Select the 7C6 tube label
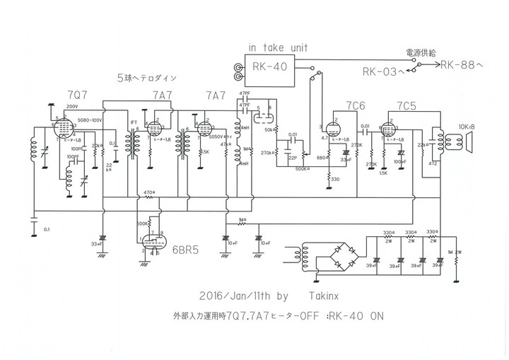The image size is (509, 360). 356,105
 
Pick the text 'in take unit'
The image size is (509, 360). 276,47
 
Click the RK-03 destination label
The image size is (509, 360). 385,71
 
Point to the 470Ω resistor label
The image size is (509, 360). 148,192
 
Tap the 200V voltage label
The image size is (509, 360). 72,106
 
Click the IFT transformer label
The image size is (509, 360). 134,122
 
